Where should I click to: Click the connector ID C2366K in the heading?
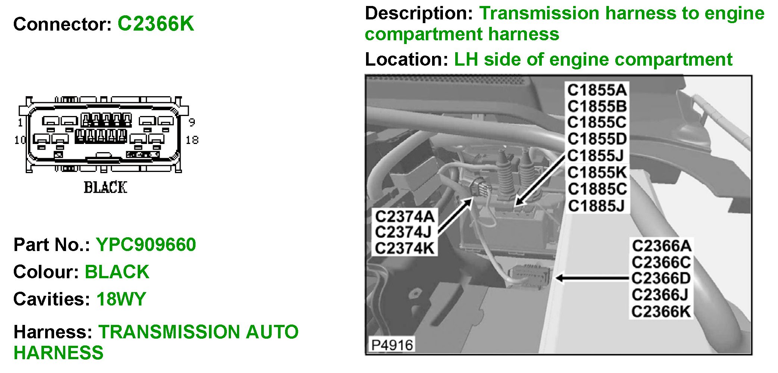pos(156,24)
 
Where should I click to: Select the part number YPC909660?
pos(146,245)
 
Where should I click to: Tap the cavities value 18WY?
pos(121,299)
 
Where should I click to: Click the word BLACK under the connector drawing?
pos(106,188)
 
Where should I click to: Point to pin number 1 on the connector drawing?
pos(21,123)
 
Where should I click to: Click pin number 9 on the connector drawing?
pos(191,122)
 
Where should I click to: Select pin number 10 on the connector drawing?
pos(20,140)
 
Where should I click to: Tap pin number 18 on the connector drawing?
pos(192,140)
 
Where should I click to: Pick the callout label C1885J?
pos(596,206)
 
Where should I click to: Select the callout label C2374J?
pos(403,232)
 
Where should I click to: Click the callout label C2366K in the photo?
pos(661,311)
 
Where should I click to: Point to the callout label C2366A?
pos(661,246)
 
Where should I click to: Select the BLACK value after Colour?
pos(117,272)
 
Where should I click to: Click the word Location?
pos(406,59)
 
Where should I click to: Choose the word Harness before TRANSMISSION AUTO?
pos(53,332)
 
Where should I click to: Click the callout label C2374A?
pos(404,216)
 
